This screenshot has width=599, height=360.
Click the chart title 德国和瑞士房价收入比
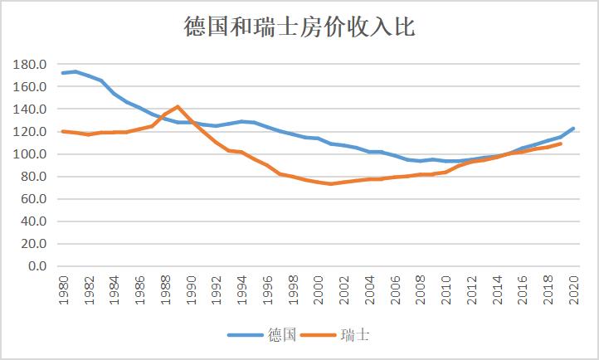click(299, 27)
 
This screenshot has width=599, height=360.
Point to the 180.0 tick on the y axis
click(30, 64)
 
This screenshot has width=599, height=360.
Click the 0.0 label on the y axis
click(37, 266)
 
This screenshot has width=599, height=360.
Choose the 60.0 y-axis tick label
click(33, 199)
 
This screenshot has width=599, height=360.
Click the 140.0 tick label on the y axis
click(30, 109)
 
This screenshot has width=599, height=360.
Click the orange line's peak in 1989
click(178, 106)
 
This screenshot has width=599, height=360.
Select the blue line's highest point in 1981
click(75, 71)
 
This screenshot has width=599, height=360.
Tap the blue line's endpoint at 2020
click(573, 129)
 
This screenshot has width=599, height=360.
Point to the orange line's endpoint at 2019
click(561, 144)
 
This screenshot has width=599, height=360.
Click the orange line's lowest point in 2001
click(331, 183)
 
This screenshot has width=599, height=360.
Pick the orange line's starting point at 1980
click(63, 131)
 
